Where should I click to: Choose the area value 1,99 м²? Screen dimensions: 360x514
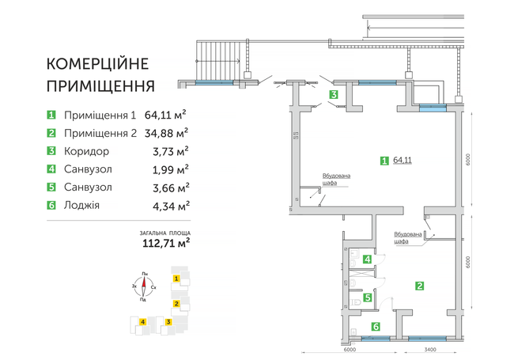168,169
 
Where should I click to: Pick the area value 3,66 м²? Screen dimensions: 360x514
168,188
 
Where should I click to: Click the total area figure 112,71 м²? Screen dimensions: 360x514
164,244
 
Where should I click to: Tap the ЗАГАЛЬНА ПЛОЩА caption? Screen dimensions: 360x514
164,232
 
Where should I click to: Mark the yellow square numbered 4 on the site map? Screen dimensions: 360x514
141,321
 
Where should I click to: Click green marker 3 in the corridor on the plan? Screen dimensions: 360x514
334,95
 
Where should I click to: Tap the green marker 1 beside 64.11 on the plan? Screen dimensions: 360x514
384,161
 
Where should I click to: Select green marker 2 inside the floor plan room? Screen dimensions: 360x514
420,286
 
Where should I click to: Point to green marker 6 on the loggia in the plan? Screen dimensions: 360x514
376,326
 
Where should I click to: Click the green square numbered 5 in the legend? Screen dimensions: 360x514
51,188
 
